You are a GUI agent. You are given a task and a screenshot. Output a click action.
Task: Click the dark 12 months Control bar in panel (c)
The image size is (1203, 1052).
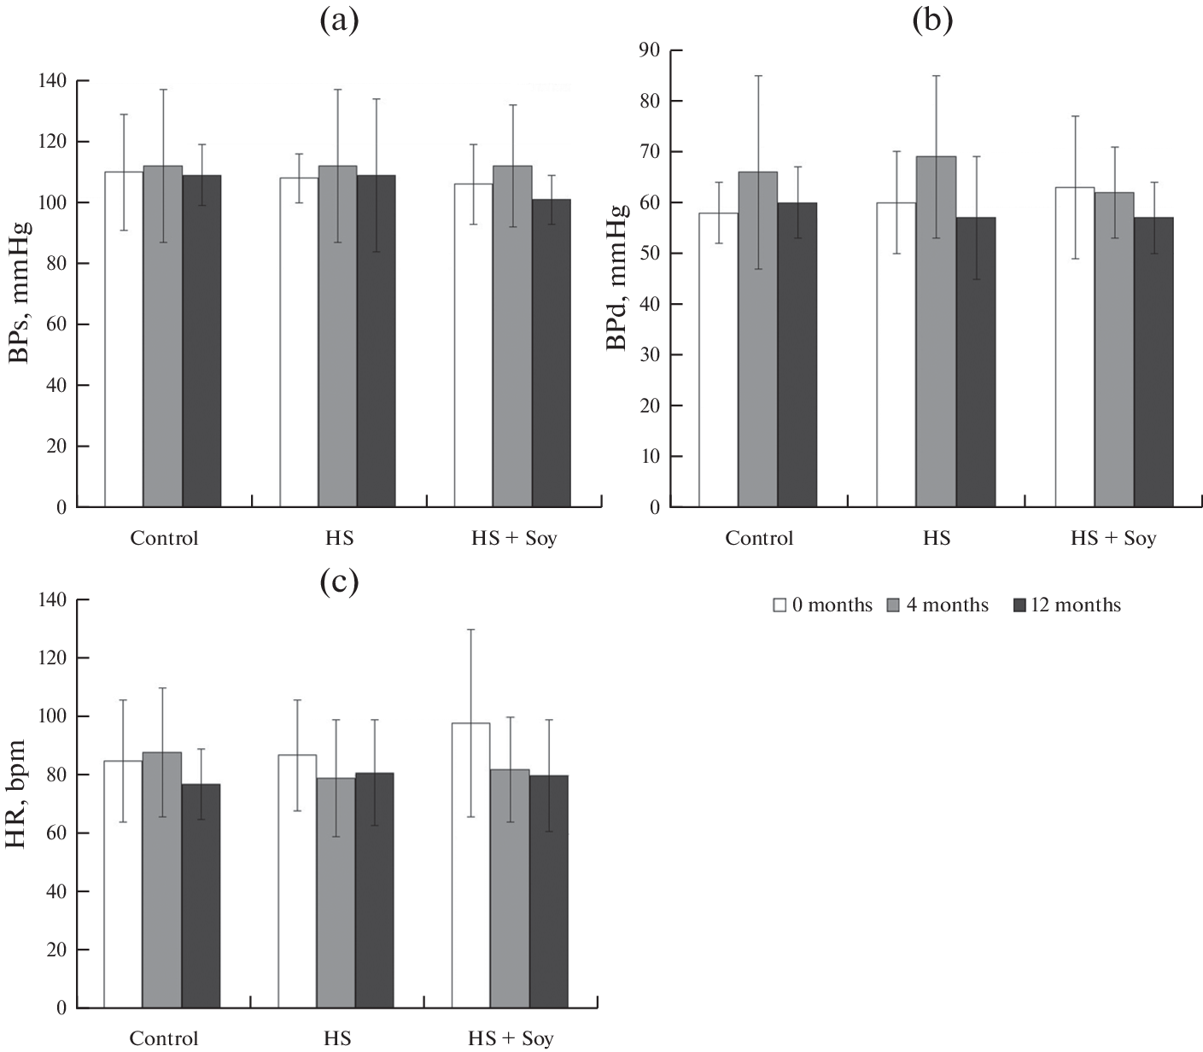(201, 896)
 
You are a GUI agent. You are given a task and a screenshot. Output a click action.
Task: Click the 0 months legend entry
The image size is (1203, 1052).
(822, 605)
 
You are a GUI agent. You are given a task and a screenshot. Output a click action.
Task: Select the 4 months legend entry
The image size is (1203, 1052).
(939, 605)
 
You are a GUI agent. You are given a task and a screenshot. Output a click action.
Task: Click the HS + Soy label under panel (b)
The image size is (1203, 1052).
(1113, 539)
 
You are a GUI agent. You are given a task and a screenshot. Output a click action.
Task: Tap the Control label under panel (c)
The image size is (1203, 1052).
(164, 1039)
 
